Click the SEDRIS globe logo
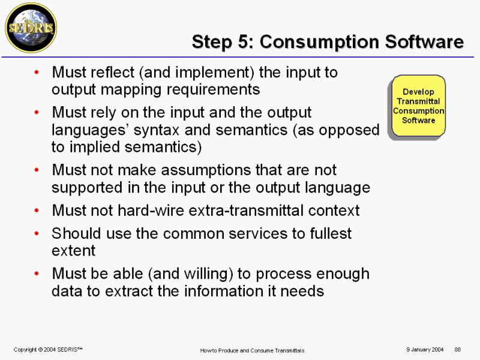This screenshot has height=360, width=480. pos(31,28)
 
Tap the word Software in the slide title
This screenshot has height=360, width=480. pos(424,41)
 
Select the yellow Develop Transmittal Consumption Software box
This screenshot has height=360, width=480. pos(418,106)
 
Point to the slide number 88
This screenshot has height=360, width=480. pos(458,350)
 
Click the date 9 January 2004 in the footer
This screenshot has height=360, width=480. pos(425,350)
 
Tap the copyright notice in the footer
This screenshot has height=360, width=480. pos(48,350)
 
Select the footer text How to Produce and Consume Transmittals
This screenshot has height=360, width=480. pos(252,350)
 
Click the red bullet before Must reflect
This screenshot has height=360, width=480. pos(37,73)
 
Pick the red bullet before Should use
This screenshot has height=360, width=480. pos(37,233)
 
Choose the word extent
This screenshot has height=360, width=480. pos(73,251)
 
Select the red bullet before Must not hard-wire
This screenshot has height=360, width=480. pos(37,211)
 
